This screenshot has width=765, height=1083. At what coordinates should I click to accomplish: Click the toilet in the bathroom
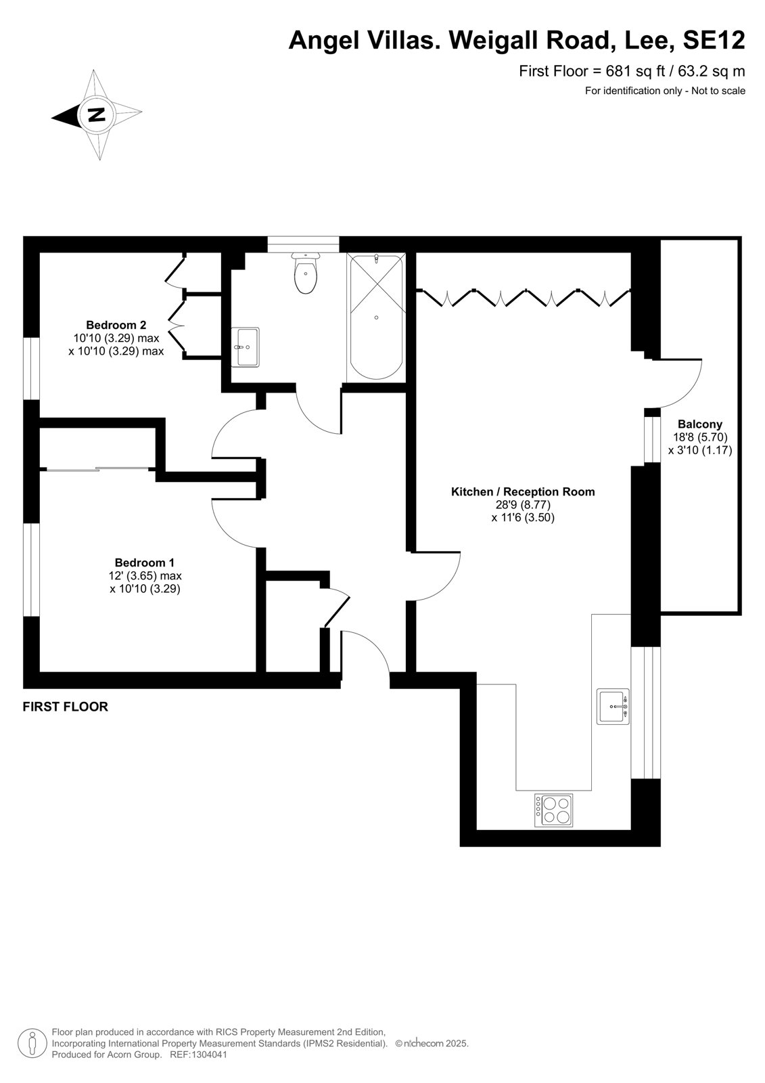[x=305, y=273]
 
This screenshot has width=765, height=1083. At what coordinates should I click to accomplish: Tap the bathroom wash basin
[x=245, y=347]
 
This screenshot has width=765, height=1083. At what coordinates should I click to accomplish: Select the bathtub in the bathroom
[x=377, y=317]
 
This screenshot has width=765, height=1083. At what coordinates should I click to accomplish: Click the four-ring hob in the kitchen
[x=553, y=810]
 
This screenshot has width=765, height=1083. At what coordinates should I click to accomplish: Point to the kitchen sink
[x=613, y=707]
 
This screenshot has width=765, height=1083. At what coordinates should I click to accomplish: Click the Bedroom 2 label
[x=116, y=325]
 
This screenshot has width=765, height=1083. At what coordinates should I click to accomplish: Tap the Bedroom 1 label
[x=145, y=562]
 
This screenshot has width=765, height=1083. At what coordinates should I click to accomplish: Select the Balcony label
[x=700, y=424]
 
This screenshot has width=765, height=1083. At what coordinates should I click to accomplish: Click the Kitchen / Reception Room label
[x=523, y=492]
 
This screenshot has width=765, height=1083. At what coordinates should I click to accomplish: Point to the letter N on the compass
[x=97, y=115]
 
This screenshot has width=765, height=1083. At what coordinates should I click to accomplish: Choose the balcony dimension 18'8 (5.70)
[x=700, y=437]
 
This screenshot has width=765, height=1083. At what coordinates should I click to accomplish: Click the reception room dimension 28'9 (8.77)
[x=523, y=505]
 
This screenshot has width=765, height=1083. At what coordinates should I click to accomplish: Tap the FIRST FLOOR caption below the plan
[x=65, y=707]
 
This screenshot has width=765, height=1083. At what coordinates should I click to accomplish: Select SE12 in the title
[x=714, y=41]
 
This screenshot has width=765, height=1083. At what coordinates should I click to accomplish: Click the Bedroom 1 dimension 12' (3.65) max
[x=145, y=576]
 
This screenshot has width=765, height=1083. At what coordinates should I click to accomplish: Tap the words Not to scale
[x=718, y=91]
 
